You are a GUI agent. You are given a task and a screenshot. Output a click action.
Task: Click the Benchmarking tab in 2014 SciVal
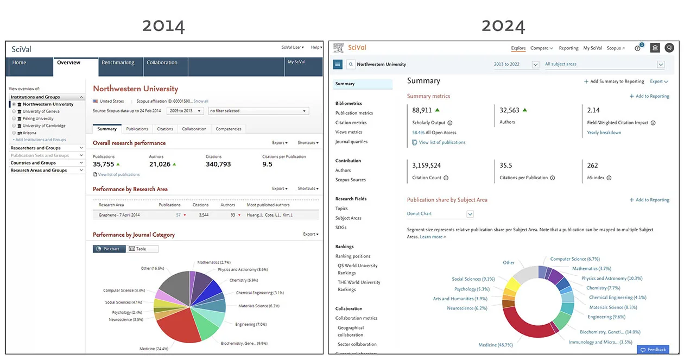(118, 62)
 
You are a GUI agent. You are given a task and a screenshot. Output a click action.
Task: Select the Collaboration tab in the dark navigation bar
(162, 62)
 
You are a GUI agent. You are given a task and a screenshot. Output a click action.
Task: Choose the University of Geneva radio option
(15, 111)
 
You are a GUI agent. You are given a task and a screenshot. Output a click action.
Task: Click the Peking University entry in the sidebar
(38, 118)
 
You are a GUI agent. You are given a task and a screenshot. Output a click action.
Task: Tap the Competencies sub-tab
(229, 129)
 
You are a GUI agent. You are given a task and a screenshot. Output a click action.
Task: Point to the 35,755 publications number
(103, 164)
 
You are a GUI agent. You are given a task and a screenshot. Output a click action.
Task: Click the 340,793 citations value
(218, 164)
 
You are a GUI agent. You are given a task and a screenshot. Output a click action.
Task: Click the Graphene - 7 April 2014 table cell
(119, 215)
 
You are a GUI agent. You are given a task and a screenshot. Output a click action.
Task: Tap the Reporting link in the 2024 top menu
(568, 48)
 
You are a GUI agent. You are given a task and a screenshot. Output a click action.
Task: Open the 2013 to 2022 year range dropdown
(516, 64)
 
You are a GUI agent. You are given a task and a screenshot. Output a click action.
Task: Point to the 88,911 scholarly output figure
(422, 110)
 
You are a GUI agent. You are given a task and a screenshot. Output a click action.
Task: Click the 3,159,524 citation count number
(426, 166)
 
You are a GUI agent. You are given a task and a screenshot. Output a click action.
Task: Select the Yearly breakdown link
(604, 132)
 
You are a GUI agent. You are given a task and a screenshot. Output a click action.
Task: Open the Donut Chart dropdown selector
(440, 214)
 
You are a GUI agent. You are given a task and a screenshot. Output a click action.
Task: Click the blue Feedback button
(653, 350)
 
